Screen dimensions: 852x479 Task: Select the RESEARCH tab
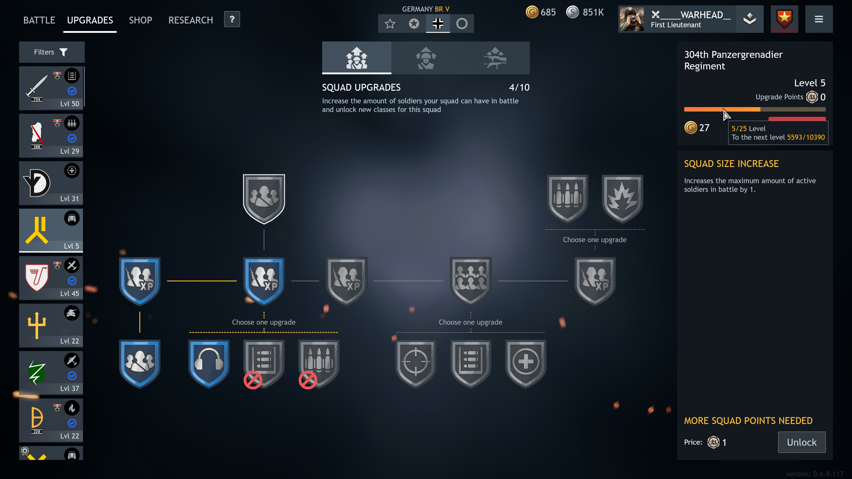point(191,20)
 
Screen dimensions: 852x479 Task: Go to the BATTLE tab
point(39,20)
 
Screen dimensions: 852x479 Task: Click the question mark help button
point(232,19)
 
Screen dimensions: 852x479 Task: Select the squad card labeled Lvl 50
point(51,88)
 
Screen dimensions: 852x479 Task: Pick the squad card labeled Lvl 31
point(51,183)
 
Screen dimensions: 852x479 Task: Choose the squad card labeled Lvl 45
point(51,278)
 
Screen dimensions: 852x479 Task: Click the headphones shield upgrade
point(209,364)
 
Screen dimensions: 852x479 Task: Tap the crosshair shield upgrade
point(416,364)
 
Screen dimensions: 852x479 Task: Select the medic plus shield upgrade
point(526,364)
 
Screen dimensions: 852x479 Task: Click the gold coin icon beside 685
point(532,12)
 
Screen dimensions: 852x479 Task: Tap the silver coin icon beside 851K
point(572,12)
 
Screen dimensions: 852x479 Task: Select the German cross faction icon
point(438,24)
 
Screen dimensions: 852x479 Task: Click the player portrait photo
point(632,19)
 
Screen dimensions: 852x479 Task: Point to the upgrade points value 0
point(823,97)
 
